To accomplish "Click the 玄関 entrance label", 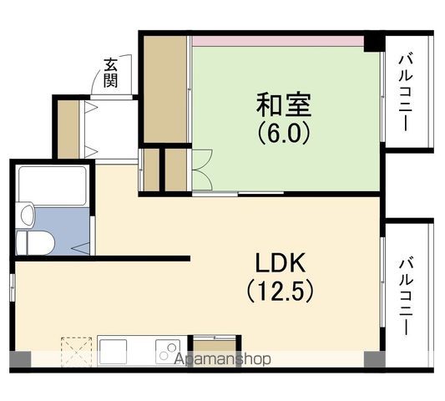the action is [110, 73].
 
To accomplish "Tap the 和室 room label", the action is [284, 104].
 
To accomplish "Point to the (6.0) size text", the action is [284, 133].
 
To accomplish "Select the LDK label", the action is [281, 262].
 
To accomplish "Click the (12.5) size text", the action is [281, 292].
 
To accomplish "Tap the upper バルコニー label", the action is [406, 93].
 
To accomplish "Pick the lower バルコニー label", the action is [406, 296].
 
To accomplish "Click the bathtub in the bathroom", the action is [53, 185].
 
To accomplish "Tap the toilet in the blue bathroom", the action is [35, 243].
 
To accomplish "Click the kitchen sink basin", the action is [114, 352].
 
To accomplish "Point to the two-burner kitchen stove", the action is [168, 352].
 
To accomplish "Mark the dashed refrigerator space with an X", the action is [77, 352].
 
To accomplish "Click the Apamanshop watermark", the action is [222, 359].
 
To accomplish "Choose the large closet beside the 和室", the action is [164, 89].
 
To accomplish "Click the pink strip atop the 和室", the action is [278, 41].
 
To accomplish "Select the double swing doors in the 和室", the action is [202, 170].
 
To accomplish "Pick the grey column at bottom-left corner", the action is [20, 359].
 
